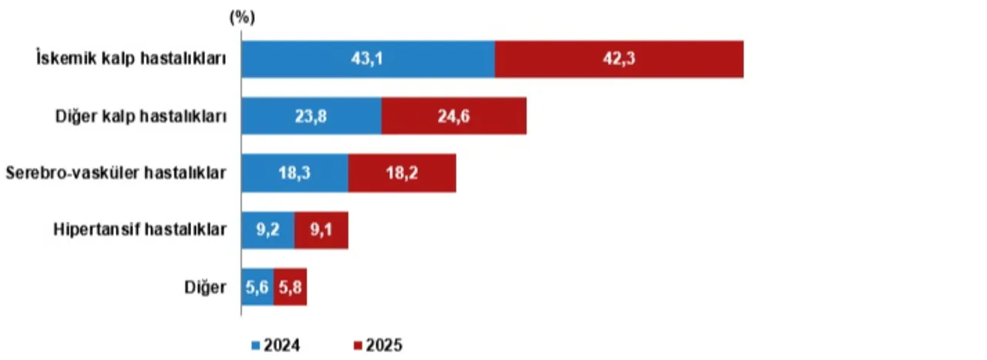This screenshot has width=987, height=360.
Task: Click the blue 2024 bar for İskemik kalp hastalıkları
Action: tap(369, 59)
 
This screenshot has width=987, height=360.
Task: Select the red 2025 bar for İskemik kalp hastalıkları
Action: tap(619, 59)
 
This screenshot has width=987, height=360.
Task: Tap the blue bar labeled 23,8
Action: tap(312, 116)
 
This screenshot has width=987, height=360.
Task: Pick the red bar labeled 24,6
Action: tap(454, 116)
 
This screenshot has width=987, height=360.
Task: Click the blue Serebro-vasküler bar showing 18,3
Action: tap(295, 173)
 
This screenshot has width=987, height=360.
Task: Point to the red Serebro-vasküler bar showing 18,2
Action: tap(403, 173)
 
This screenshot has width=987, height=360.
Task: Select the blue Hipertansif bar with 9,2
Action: tap(268, 230)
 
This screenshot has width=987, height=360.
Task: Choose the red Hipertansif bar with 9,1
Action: tap(322, 230)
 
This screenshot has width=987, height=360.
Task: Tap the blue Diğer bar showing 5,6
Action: tap(258, 287)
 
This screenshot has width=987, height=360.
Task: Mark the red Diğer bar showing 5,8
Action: tap(291, 287)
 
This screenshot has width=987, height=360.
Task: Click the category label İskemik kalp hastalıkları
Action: tap(131, 58)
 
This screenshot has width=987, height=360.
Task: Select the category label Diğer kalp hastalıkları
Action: tap(141, 116)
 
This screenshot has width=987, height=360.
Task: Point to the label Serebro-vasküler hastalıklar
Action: tap(116, 173)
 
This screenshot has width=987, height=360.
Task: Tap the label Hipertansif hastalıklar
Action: tap(140, 229)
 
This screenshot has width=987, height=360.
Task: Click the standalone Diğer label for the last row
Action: tap(205, 288)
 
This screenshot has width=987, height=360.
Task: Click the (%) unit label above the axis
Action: tap(242, 18)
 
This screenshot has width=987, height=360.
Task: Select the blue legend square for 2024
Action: tap(255, 345)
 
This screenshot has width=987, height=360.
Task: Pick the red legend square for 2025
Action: tap(358, 345)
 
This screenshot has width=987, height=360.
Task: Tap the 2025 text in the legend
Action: tap(384, 345)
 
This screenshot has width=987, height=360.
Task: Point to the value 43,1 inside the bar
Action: tap(367, 59)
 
